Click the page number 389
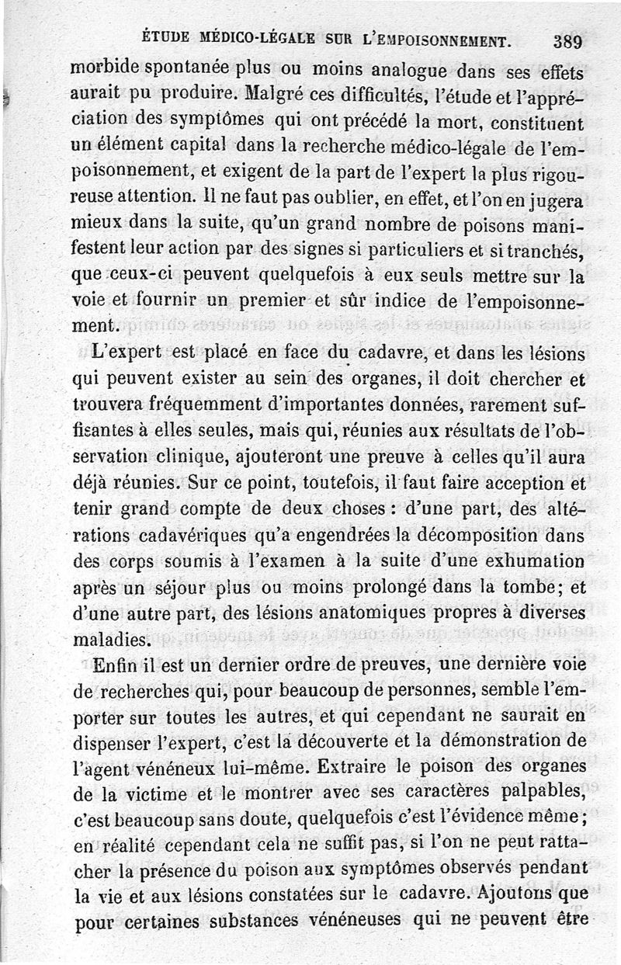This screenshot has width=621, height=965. pos(568,41)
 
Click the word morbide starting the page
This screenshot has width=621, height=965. pos(103,67)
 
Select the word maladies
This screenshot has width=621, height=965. pos(109,640)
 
